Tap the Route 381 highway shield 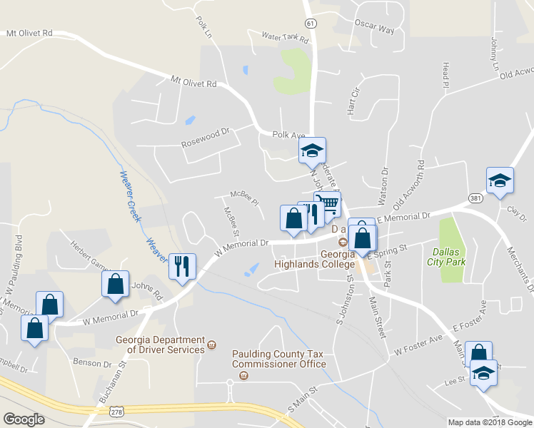[475, 197]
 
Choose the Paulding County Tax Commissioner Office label [279, 359]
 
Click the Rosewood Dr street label [207, 132]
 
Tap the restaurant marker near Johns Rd [181, 267]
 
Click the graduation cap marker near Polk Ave [312, 150]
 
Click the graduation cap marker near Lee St [484, 374]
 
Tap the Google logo [24, 419]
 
